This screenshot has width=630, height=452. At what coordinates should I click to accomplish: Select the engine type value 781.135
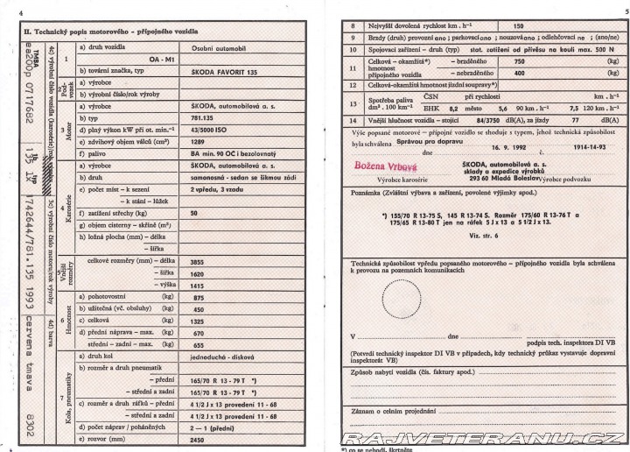(x=203, y=117)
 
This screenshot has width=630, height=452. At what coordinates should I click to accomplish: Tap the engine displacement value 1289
(x=198, y=140)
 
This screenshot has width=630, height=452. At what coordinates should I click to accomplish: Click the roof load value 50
(x=194, y=213)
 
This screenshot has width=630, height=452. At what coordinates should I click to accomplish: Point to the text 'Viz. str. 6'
(x=482, y=236)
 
